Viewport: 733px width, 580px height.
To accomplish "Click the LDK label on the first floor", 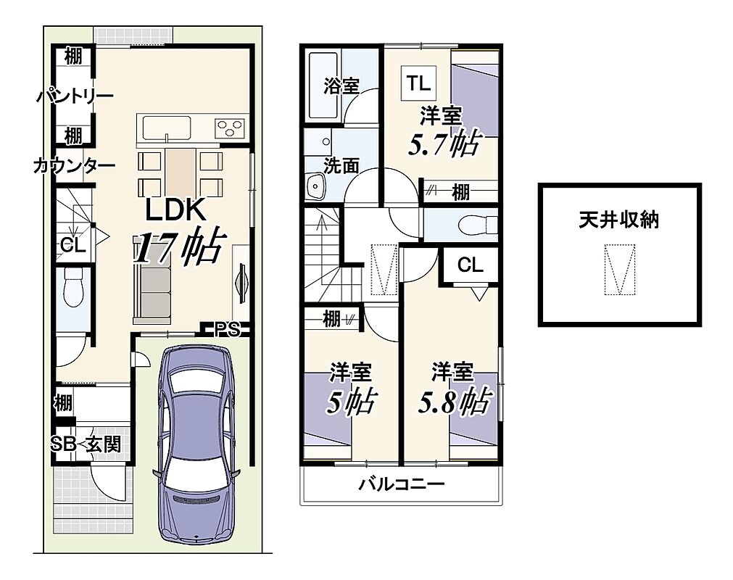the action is coord(175,210).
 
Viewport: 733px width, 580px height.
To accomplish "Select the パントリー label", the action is coord(75,96).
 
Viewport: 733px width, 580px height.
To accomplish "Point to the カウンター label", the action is coord(75,165).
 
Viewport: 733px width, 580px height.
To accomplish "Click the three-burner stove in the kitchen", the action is coord(230,127).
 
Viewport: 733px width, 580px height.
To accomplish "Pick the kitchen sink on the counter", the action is coord(167,128).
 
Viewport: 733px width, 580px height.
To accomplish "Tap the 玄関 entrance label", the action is coord(104,444).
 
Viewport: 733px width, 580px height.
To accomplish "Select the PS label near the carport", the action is coord(227,330).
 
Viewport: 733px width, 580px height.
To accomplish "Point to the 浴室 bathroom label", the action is coord(341,86).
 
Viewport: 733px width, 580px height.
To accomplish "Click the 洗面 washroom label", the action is coord(341,166).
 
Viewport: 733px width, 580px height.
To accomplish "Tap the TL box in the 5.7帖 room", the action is coord(418,83).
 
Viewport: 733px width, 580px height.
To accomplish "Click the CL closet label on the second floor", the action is coord(471,265).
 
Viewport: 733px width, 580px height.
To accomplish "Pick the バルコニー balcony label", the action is coord(401,484).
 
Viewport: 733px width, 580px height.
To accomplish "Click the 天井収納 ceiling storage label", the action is coord(619,220).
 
